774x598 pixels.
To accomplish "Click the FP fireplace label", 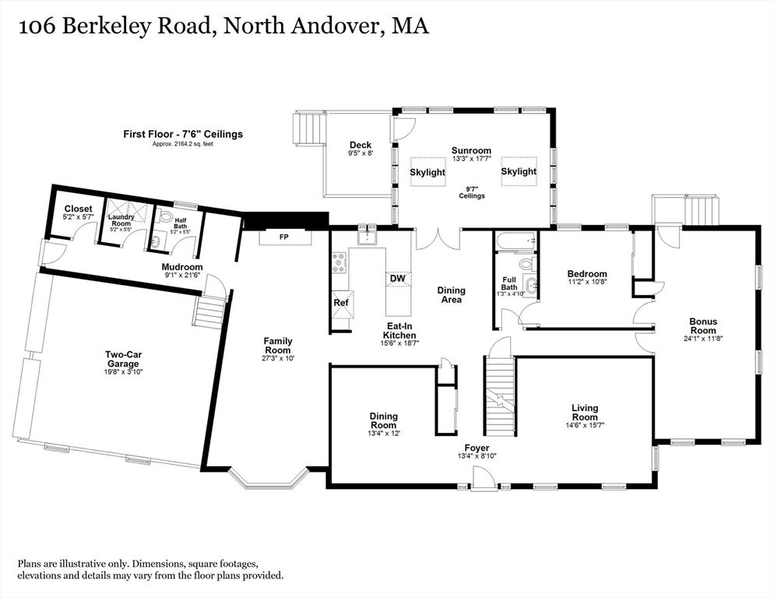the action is (284, 237).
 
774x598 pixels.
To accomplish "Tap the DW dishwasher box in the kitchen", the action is (398, 279).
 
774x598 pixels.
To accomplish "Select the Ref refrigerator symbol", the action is (342, 302).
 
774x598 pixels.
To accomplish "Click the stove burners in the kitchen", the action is (340, 262).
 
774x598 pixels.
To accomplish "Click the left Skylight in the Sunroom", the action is (427, 172).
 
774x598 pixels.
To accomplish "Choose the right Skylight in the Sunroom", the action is (519, 171).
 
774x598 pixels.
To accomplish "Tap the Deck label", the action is (361, 145).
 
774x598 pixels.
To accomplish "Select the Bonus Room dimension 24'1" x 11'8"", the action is (703, 339).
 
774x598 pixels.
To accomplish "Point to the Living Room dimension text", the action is (585, 424).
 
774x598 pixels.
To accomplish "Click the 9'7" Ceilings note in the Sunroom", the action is (472, 192).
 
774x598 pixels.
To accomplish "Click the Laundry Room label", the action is (121, 220).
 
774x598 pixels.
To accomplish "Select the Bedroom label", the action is (587, 274).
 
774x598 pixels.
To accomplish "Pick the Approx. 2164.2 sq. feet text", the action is (183, 144).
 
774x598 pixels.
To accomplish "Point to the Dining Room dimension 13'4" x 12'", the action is (384, 433).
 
